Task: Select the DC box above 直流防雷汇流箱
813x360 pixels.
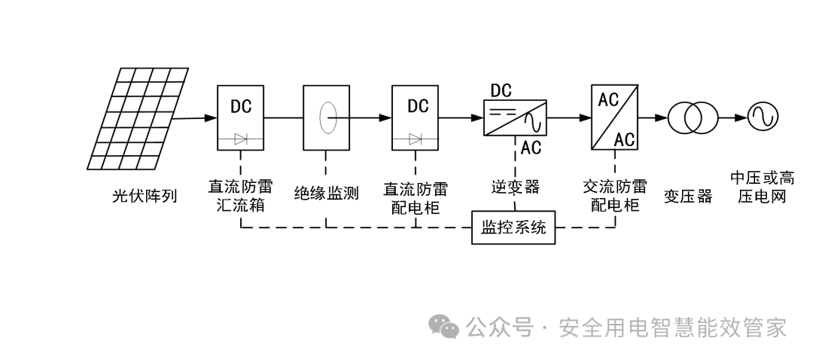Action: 241,118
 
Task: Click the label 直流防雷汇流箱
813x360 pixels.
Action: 240,195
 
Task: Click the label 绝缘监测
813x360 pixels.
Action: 326,194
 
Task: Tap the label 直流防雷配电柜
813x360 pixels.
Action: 416,195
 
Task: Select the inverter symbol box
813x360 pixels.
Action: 515,118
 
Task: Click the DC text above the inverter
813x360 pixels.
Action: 501,91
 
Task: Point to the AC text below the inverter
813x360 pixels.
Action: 531,148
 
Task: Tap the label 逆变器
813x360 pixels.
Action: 516,187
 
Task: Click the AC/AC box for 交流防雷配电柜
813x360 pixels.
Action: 616,118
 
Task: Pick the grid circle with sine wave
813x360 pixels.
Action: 761,117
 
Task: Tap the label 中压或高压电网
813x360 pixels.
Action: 762,188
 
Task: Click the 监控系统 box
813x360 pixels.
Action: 513,228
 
